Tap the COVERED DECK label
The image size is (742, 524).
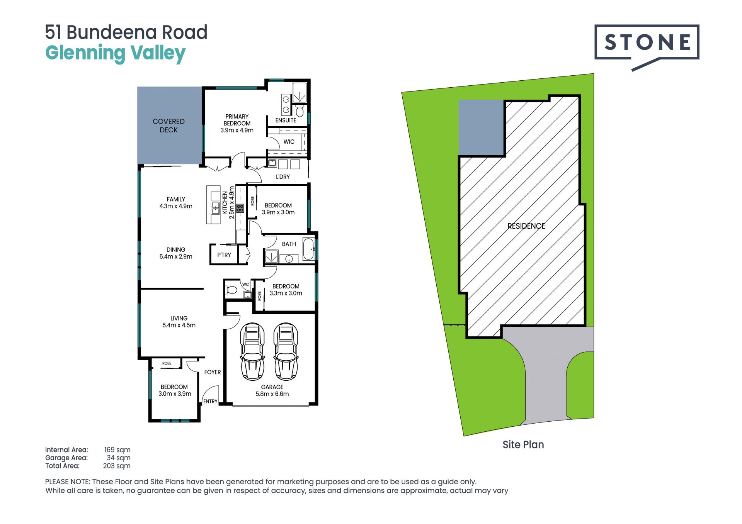pos(168,125)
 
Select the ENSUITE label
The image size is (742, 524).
pos(286,120)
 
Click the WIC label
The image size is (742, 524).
pos(289,142)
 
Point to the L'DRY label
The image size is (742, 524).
pos(283,177)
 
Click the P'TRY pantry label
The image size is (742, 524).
pos(224,255)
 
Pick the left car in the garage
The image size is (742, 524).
pos(252,351)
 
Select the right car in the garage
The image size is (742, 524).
pos(286,351)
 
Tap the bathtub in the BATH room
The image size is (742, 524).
pos(308,249)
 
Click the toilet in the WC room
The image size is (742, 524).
pos(231,290)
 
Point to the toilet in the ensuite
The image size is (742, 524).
pos(300,111)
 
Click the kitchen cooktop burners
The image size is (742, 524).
pos(240,209)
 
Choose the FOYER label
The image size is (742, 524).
pos(213,372)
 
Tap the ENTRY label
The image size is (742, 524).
pos(210,402)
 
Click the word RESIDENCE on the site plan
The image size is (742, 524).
pos(526,226)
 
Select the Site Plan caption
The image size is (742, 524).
pos(523,445)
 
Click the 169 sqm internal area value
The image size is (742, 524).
pos(117,450)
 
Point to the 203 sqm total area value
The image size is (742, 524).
pos(117,466)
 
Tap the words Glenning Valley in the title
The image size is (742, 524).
pos(116,53)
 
